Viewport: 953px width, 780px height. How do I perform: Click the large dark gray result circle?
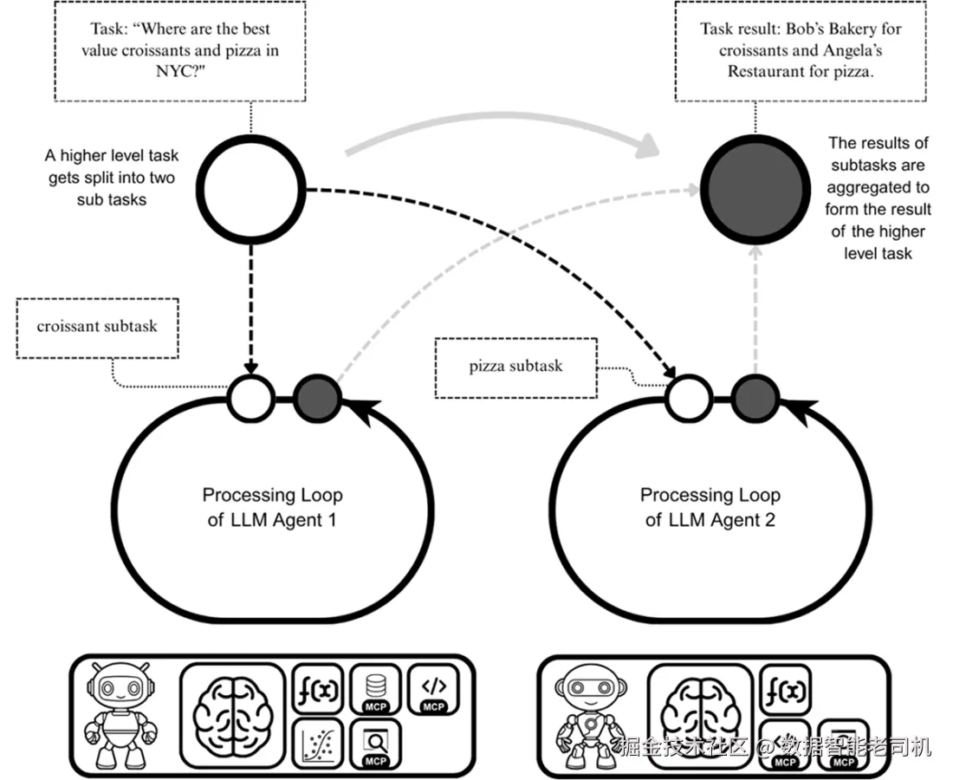point(755,189)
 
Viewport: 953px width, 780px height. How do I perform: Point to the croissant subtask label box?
point(97,328)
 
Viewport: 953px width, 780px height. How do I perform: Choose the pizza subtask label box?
point(516,367)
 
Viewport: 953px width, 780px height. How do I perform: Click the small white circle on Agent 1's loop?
point(250,399)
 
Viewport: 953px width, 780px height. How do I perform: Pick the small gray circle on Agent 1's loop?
point(317,399)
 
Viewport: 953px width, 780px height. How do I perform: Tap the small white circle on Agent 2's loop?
point(689,399)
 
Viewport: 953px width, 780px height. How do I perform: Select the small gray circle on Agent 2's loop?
point(755,399)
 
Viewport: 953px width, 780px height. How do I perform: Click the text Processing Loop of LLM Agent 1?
point(272,508)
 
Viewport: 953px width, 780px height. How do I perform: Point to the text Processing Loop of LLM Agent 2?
point(710,508)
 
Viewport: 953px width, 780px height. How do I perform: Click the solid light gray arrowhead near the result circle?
point(648,146)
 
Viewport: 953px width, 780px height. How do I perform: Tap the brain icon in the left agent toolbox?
point(233,715)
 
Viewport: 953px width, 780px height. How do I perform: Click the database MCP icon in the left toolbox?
point(376,690)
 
